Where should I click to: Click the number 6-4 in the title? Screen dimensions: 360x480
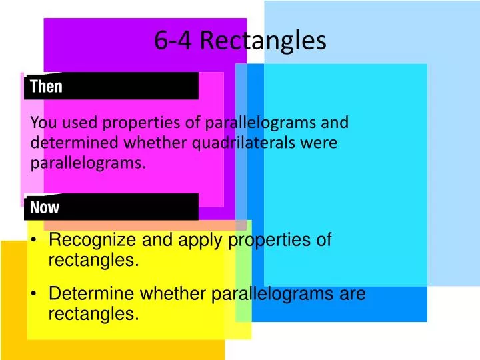click(174, 41)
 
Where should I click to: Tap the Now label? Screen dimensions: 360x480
click(45, 207)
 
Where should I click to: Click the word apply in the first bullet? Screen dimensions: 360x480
click(200, 240)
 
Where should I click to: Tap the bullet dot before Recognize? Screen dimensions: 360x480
click(33, 241)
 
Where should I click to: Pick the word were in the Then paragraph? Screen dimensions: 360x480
click(321, 142)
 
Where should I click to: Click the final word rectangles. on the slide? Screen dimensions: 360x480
click(94, 313)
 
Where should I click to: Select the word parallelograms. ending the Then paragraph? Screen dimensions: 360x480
click(87, 162)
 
